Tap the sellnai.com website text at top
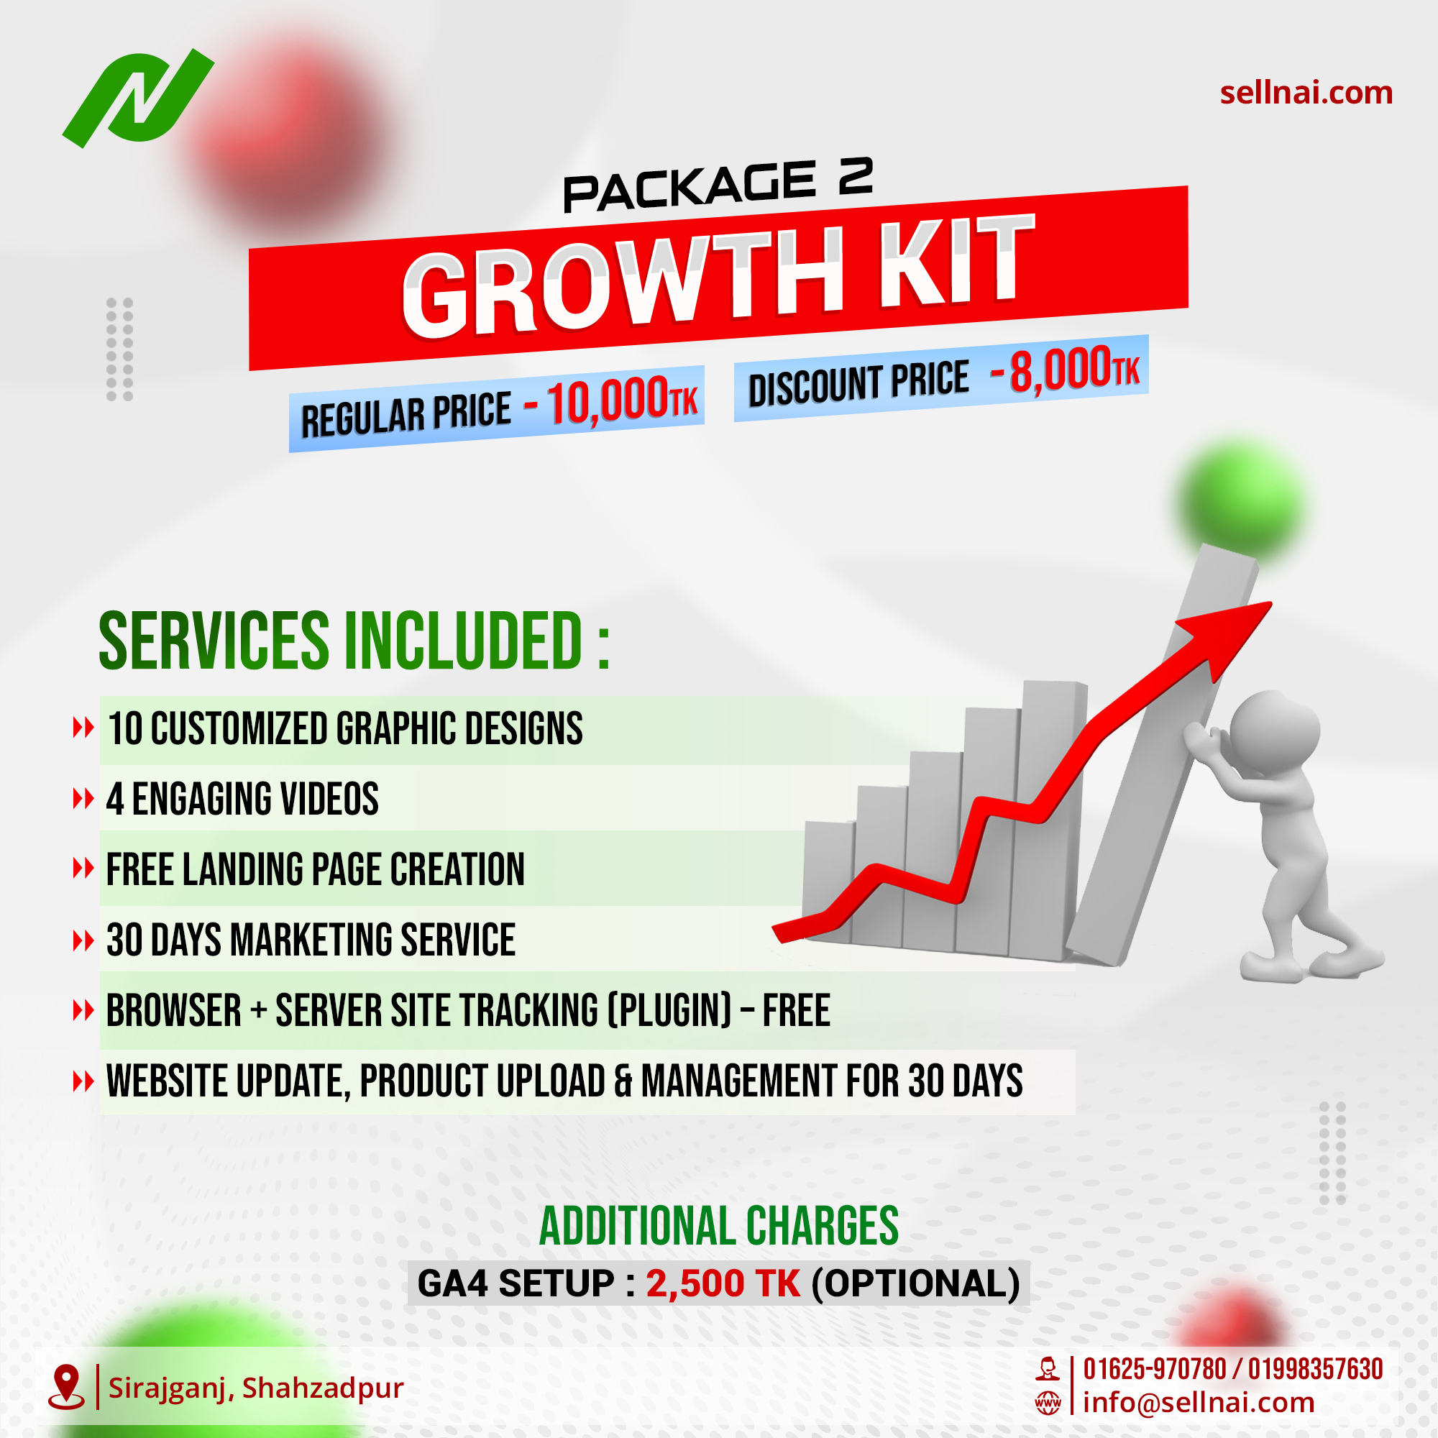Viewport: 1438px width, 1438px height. (x=1306, y=93)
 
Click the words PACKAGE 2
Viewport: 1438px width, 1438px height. (x=717, y=186)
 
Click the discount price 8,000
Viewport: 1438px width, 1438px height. (x=1060, y=370)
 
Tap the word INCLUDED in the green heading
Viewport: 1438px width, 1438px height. (x=462, y=641)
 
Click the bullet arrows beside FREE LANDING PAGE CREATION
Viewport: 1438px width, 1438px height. (x=83, y=868)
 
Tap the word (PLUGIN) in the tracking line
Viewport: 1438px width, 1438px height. (x=670, y=1011)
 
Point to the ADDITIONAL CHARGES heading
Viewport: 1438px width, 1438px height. (x=718, y=1226)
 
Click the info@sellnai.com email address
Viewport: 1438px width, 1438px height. (x=1199, y=1403)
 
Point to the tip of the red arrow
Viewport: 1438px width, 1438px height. (x=1268, y=605)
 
